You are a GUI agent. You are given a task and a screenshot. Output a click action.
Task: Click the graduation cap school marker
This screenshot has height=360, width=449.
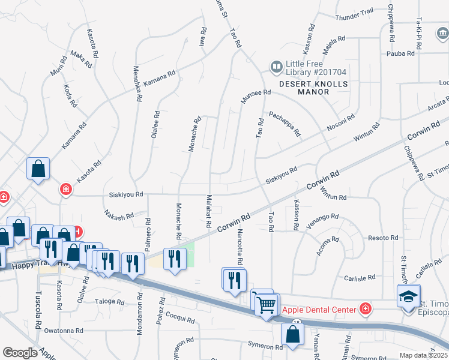tap(408, 296)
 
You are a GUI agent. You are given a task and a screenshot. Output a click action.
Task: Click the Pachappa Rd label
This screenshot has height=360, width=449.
tap(285, 123)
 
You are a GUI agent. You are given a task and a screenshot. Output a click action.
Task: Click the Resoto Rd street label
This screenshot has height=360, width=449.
tap(383, 238)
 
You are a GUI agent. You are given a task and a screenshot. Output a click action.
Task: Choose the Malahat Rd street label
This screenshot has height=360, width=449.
tap(209, 211)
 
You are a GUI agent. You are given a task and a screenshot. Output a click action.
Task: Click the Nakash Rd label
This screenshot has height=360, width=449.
tap(118, 215)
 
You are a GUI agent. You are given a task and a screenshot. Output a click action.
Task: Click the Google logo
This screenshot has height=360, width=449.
tap(20, 353)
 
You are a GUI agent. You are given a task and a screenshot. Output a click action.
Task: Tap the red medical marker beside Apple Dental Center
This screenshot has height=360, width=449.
tap(365, 309)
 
